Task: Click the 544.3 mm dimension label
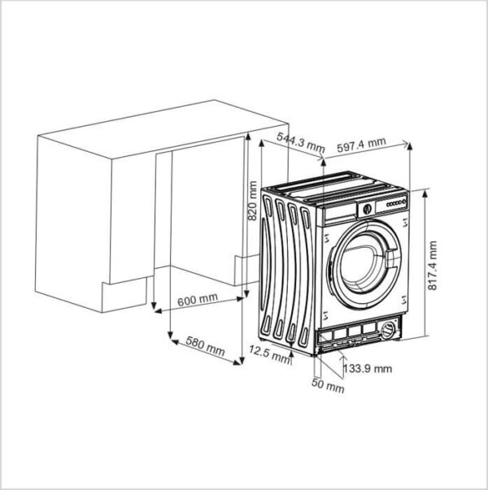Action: [x=300, y=142]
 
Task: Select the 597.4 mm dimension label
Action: [x=361, y=145]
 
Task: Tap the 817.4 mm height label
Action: [x=432, y=266]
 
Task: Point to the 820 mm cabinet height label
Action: [x=252, y=201]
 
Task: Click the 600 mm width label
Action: [x=198, y=299]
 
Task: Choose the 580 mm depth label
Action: [x=205, y=346]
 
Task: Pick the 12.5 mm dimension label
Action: [x=269, y=354]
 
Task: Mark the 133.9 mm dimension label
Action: [x=368, y=368]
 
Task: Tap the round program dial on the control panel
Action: [x=368, y=209]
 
